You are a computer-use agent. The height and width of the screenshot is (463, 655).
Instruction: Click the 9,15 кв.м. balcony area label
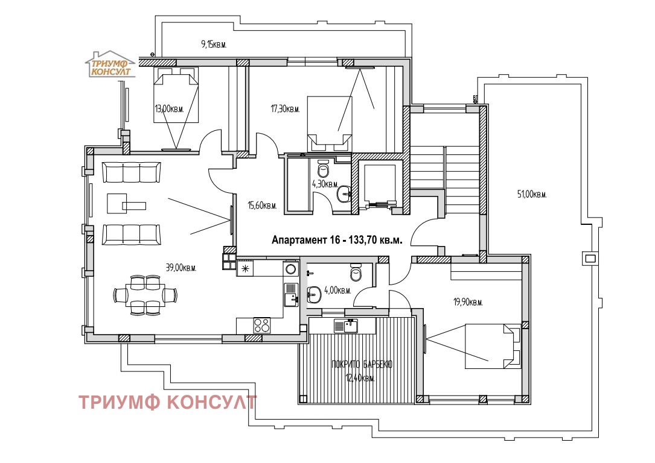(213, 44)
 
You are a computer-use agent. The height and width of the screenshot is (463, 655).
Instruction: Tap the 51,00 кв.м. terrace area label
(532, 194)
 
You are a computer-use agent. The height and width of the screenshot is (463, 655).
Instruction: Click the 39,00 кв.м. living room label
(181, 268)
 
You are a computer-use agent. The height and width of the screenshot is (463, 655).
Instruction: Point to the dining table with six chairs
(145, 295)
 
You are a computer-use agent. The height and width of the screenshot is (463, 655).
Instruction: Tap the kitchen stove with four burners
(261, 325)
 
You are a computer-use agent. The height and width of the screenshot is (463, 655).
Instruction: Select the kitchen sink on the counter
(291, 294)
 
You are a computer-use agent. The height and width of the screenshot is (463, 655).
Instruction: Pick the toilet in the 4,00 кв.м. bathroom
(356, 274)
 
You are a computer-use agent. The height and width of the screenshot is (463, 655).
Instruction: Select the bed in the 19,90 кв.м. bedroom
(492, 345)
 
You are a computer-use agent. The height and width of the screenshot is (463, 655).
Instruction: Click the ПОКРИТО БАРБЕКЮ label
(362, 365)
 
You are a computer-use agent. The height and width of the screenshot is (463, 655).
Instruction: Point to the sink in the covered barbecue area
(348, 326)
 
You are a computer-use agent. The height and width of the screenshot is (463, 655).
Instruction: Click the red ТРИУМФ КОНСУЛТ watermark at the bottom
(168, 402)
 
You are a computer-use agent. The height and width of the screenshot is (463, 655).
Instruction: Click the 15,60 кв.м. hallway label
(262, 206)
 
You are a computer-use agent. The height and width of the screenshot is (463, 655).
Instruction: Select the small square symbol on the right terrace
(589, 258)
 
